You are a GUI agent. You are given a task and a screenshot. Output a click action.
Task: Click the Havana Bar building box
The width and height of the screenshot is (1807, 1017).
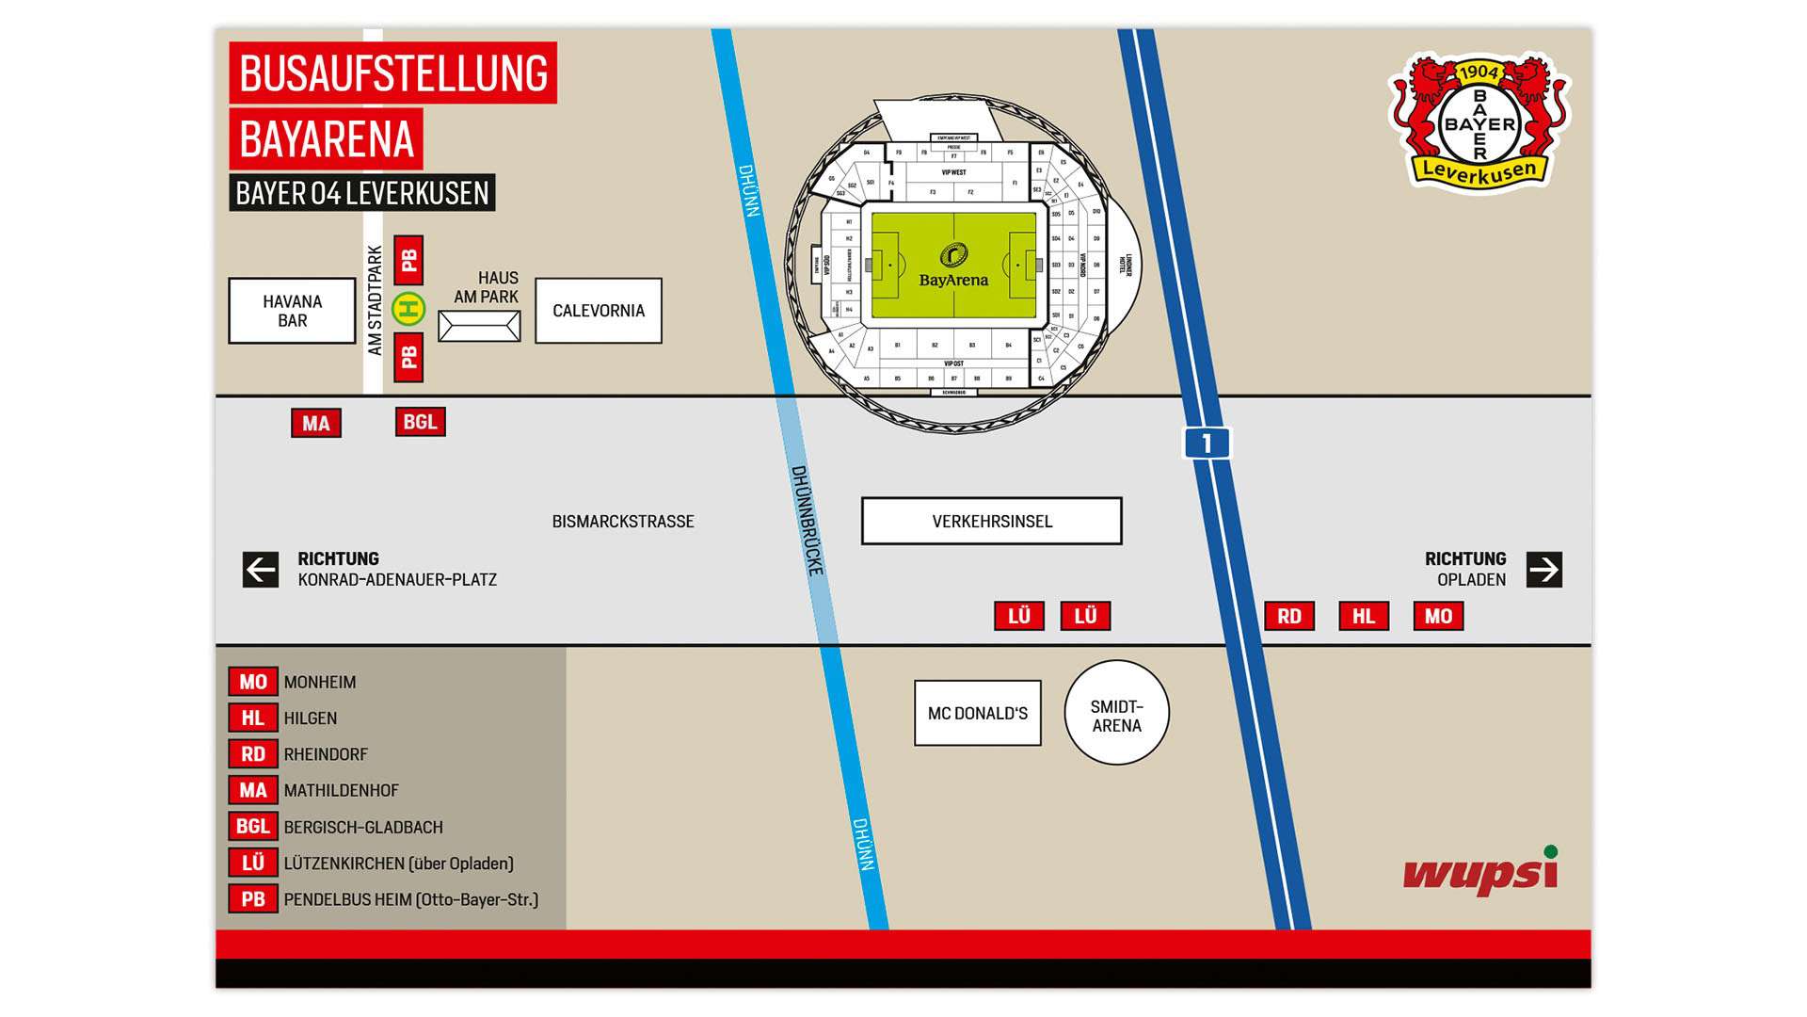[x=292, y=311]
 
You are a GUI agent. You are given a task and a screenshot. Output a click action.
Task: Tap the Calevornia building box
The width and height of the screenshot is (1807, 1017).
[x=599, y=311]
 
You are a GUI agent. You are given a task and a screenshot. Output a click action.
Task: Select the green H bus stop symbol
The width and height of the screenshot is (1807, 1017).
[x=408, y=309]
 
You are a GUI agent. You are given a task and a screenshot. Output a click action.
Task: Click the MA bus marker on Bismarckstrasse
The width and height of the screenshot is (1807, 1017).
[x=316, y=424]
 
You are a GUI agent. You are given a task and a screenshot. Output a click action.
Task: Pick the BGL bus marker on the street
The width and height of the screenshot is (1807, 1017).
[x=420, y=422]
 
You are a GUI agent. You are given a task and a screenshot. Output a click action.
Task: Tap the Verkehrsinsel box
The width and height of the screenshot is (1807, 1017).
[x=992, y=521]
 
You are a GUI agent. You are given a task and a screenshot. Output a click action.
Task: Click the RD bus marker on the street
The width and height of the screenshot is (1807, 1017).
[x=1289, y=616]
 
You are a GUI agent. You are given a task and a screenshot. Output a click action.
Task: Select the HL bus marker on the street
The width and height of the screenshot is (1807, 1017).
[x=1364, y=616]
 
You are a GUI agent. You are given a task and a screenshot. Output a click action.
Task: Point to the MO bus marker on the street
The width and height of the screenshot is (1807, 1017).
[x=1438, y=616]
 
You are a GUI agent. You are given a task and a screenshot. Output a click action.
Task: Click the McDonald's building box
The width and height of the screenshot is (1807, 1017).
[x=978, y=713]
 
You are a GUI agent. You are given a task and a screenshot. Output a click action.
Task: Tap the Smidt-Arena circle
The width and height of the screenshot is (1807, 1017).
[x=1117, y=713]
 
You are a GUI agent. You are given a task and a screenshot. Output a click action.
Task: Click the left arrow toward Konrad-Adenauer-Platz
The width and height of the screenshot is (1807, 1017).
[x=261, y=570]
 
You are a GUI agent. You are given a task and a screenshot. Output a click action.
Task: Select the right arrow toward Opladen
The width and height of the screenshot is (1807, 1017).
[x=1544, y=570]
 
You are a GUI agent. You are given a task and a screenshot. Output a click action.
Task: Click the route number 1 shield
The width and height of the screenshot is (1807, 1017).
[x=1207, y=443]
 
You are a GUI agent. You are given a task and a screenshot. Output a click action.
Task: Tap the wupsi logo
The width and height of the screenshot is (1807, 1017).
[x=1480, y=872]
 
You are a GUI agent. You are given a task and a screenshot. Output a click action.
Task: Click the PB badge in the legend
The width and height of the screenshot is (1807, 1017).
[x=253, y=899]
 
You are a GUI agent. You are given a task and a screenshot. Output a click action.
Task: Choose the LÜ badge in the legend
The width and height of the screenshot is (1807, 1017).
[x=253, y=863]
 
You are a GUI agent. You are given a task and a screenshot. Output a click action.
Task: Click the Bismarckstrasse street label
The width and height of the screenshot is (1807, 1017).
[x=623, y=522]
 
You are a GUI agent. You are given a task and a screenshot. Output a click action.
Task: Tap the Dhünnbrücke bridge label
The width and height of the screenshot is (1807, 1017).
[x=808, y=521]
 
